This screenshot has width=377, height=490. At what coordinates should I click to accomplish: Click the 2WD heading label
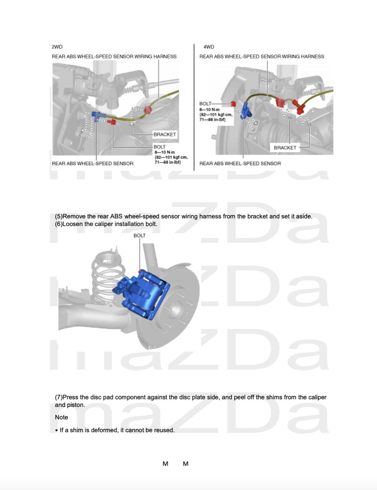[x=57, y=47]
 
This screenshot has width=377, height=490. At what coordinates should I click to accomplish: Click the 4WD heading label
[x=209, y=47]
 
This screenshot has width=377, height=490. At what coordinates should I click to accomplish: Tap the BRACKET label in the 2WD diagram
[x=165, y=134]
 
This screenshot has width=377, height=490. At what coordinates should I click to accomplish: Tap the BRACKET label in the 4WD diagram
[x=285, y=148]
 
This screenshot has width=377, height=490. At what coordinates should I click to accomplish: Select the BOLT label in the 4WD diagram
[x=205, y=104]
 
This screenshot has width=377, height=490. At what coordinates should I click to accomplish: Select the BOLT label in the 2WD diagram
[x=159, y=147]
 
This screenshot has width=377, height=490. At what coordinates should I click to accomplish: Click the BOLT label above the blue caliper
[x=139, y=236]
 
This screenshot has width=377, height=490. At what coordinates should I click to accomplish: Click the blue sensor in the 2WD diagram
[x=98, y=116]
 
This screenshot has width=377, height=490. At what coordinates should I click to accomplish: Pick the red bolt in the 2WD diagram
[x=112, y=122]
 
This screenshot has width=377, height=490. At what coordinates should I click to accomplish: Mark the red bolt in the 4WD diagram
[x=233, y=104]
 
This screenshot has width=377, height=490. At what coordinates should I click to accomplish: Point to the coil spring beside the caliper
[x=105, y=277]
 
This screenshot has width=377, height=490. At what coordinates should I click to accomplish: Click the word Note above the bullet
[x=61, y=417]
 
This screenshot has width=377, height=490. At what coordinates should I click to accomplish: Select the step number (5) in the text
[x=59, y=216]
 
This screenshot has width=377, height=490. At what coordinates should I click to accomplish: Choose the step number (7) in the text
[x=59, y=397]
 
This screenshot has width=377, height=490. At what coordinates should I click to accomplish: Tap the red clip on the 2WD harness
[x=148, y=110]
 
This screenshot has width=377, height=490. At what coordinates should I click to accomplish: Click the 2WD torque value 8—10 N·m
[x=165, y=152]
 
